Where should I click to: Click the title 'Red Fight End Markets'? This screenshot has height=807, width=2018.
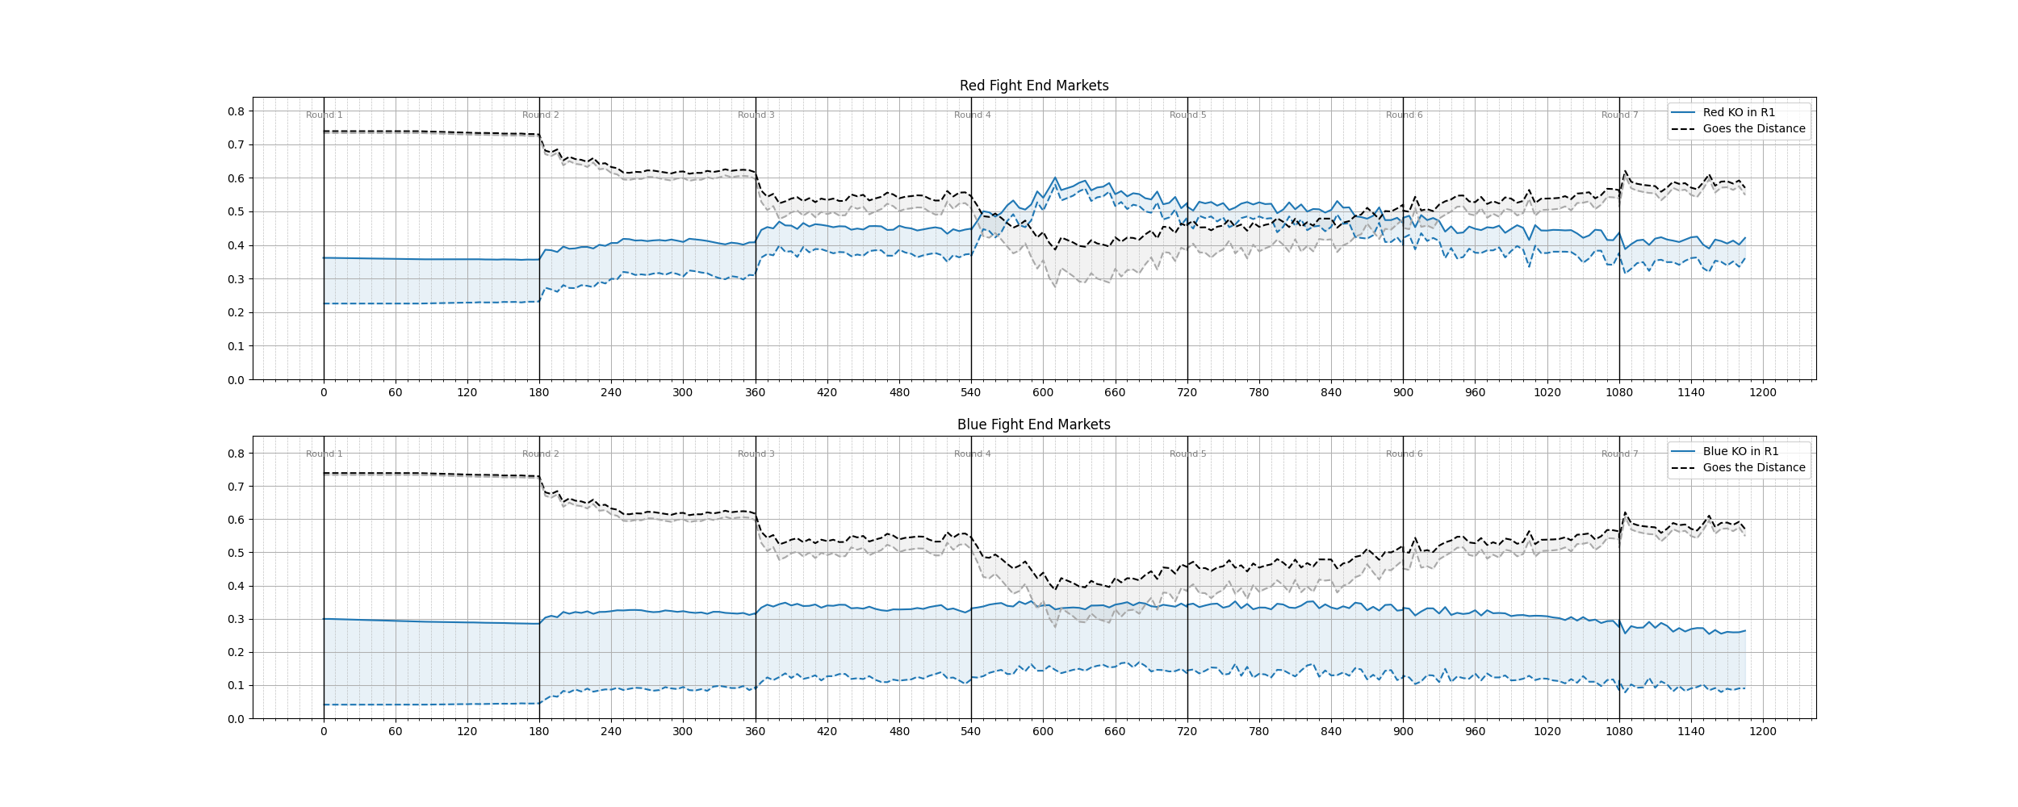point(1033,86)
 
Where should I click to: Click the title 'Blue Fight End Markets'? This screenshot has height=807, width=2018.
point(1033,424)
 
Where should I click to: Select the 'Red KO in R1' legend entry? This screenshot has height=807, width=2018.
point(1739,112)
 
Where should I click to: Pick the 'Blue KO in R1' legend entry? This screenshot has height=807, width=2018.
point(1740,451)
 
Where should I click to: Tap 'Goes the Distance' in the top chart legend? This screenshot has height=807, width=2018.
point(1753,128)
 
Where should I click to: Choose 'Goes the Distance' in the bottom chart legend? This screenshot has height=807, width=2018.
point(1753,467)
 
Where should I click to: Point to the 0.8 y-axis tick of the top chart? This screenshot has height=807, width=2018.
point(236,111)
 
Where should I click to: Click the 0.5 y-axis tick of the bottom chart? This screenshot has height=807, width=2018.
point(236,553)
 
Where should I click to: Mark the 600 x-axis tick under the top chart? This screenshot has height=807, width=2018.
point(1043,393)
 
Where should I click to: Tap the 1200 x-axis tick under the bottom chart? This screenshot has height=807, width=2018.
point(1763,732)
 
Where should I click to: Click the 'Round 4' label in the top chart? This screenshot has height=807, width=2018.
point(972,115)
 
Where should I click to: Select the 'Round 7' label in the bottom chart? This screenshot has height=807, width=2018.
point(1619,454)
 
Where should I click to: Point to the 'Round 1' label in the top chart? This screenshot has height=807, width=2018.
point(324,115)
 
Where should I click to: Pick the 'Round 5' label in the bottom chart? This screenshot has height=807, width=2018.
point(1187,454)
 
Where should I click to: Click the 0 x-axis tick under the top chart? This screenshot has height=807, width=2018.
point(324,393)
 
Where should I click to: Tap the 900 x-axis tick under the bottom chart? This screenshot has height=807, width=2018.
point(1403,732)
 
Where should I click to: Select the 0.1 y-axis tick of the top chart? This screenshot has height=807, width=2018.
point(236,346)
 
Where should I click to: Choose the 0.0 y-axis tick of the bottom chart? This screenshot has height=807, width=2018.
point(236,719)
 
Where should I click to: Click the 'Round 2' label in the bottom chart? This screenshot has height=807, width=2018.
point(540,454)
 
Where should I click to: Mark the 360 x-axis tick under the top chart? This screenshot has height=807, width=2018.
point(756,393)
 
